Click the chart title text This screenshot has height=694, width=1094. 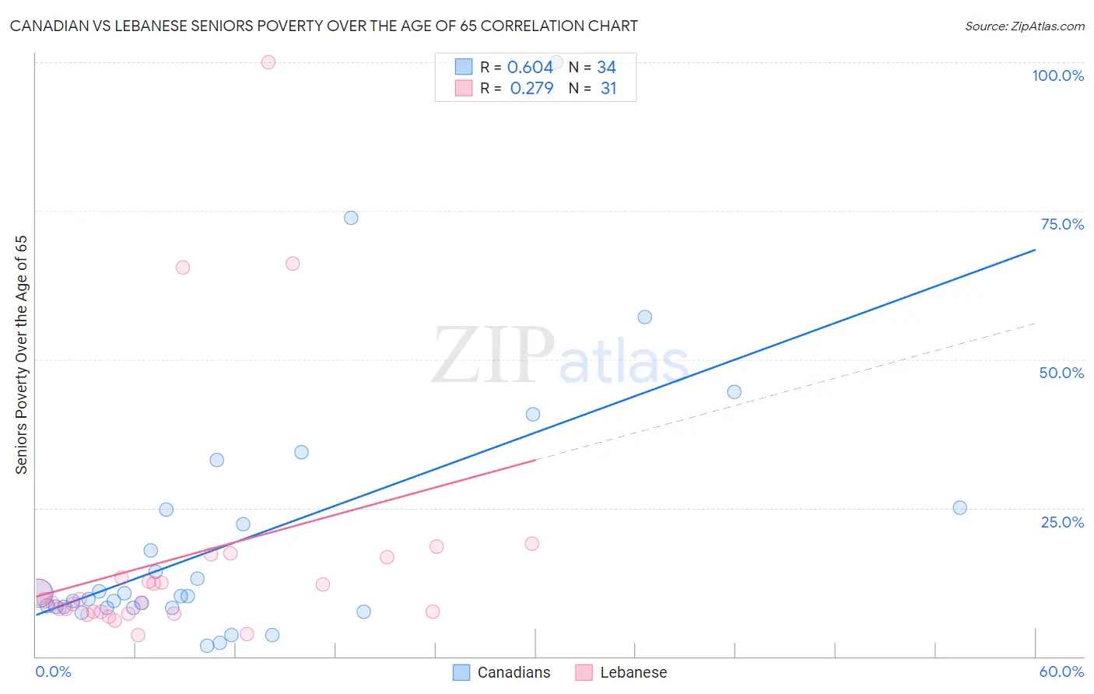pyautogui.click(x=324, y=26)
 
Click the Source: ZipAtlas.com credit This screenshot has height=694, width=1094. pyautogui.click(x=1024, y=26)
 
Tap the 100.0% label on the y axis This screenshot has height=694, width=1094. pyautogui.click(x=1057, y=75)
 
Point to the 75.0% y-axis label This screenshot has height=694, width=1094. pyautogui.click(x=1062, y=224)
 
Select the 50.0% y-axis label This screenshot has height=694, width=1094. pyautogui.click(x=1061, y=373)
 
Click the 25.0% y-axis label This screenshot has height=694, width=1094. pyautogui.click(x=1062, y=521)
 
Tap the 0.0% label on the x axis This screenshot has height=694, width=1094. pyautogui.click(x=53, y=671)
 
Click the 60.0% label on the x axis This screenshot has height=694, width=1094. pyautogui.click(x=1061, y=671)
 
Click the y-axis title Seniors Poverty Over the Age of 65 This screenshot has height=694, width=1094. pyautogui.click(x=21, y=354)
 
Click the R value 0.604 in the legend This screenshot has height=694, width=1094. pyautogui.click(x=530, y=68)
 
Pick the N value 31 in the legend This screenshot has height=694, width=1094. pyautogui.click(x=608, y=89)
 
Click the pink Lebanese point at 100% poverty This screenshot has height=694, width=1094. pyautogui.click(x=268, y=62)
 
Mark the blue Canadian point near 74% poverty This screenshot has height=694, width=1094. pyautogui.click(x=351, y=218)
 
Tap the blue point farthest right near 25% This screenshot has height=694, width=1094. pyautogui.click(x=959, y=507)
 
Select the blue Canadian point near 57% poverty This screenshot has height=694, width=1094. pyautogui.click(x=644, y=317)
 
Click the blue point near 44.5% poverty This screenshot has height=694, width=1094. pyautogui.click(x=734, y=392)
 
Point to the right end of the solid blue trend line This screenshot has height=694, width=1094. pyautogui.click(x=1035, y=250)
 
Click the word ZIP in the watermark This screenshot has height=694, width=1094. pyautogui.click(x=493, y=356)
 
